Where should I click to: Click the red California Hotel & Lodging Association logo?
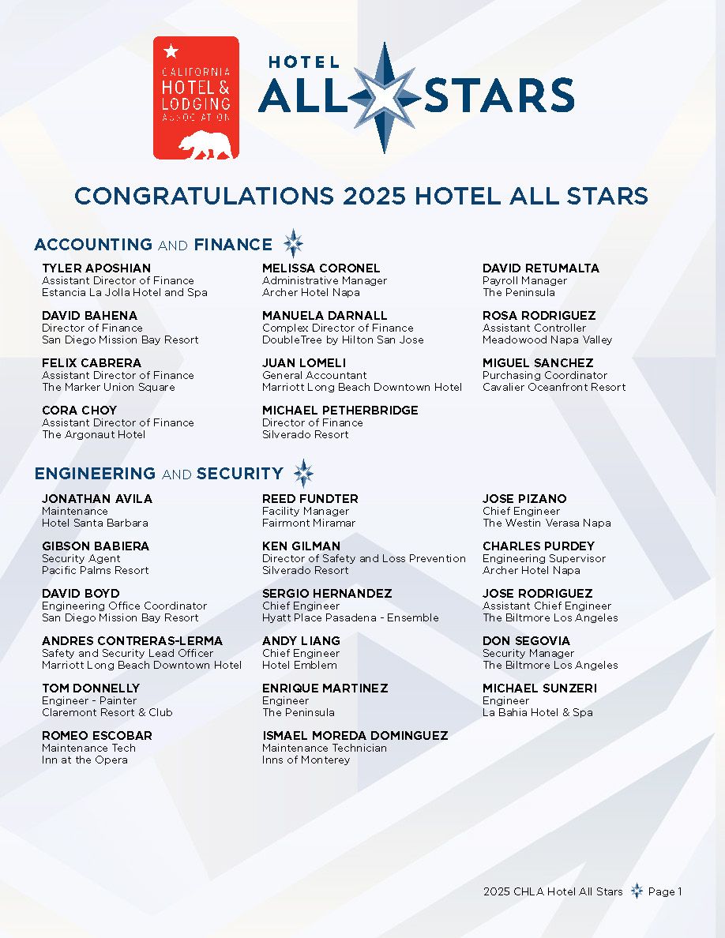(196, 97)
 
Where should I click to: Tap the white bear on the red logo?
(205, 144)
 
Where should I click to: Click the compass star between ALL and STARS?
(385, 97)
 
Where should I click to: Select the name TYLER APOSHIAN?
(96, 268)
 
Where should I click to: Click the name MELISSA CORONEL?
(321, 268)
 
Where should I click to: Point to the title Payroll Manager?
(525, 280)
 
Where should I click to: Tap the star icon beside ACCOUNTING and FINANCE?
(293, 244)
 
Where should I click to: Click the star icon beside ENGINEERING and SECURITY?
(303, 474)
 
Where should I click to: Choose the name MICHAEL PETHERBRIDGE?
(340, 411)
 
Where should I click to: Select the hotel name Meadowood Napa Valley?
(547, 340)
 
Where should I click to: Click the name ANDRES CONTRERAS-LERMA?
(133, 641)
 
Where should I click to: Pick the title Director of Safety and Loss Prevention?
(364, 558)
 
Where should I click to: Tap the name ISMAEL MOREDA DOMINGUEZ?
(355, 736)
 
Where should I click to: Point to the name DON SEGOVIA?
(526, 641)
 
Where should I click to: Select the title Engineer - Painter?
(89, 700)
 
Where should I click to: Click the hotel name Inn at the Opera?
(85, 760)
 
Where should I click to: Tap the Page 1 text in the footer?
(665, 891)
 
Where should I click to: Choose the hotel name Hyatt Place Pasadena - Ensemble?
(351, 617)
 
